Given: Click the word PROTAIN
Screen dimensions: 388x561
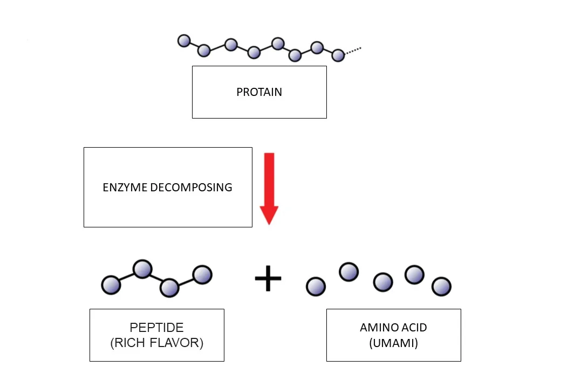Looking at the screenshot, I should click(259, 92).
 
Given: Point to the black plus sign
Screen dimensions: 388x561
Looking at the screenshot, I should click(268, 280).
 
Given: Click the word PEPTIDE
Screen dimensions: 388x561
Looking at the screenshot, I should click(156, 328).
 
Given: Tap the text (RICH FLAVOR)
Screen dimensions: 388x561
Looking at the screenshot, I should click(156, 343).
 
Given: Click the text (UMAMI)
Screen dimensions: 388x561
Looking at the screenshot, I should click(393, 343).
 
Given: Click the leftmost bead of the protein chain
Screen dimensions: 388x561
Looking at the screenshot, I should click(184, 41).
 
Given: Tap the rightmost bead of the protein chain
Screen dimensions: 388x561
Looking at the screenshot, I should click(338, 55).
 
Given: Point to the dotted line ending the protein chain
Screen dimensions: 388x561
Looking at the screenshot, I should click(353, 51).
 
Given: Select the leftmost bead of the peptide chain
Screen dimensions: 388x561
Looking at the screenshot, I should click(111, 285).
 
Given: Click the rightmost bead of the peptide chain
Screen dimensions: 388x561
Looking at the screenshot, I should click(203, 275).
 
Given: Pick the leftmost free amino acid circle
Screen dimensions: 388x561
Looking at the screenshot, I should click(316, 287).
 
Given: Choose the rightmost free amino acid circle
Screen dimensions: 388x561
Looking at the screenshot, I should click(442, 286).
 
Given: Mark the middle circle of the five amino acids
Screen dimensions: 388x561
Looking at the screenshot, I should click(383, 282).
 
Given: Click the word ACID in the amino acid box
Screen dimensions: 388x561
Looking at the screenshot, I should click(414, 328).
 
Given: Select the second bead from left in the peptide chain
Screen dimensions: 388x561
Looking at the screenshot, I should click(142, 268).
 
